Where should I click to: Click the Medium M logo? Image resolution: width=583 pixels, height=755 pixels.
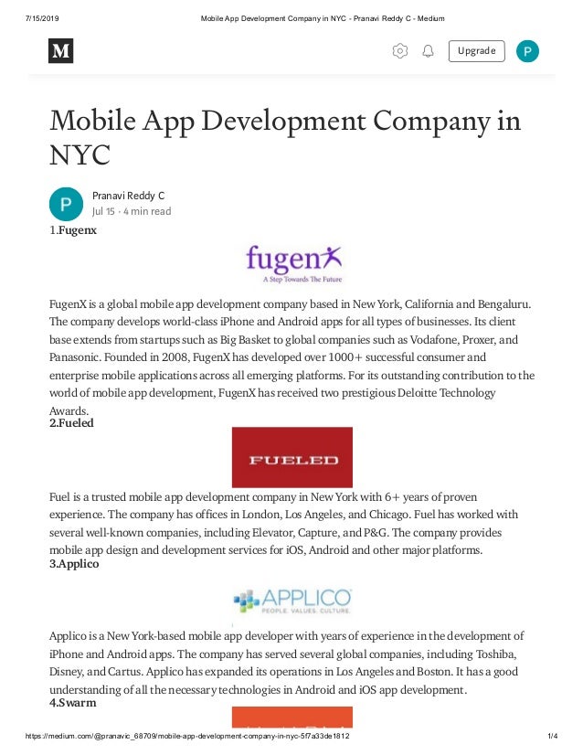[60, 51]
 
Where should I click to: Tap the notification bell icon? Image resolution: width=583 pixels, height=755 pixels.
[428, 51]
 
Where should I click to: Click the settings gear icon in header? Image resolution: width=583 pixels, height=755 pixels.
[400, 51]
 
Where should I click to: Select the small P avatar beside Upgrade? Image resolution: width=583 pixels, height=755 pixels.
[527, 51]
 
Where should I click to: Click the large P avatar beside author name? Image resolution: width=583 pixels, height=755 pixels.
[67, 203]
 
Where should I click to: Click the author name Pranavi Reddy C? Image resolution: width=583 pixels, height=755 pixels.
[128, 196]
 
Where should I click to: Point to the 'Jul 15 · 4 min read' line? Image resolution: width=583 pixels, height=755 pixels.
[132, 211]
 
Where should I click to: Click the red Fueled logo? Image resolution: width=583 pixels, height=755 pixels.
[291, 457]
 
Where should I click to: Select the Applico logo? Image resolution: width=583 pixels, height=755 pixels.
[291, 600]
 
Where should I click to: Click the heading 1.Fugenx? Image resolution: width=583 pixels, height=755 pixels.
[73, 230]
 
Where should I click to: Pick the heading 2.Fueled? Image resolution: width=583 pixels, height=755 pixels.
[71, 423]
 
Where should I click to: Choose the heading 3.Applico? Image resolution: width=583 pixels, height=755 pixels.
[74, 564]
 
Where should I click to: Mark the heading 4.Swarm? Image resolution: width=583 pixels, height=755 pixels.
[72, 703]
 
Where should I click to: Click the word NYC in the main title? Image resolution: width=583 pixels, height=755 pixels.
[79, 155]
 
